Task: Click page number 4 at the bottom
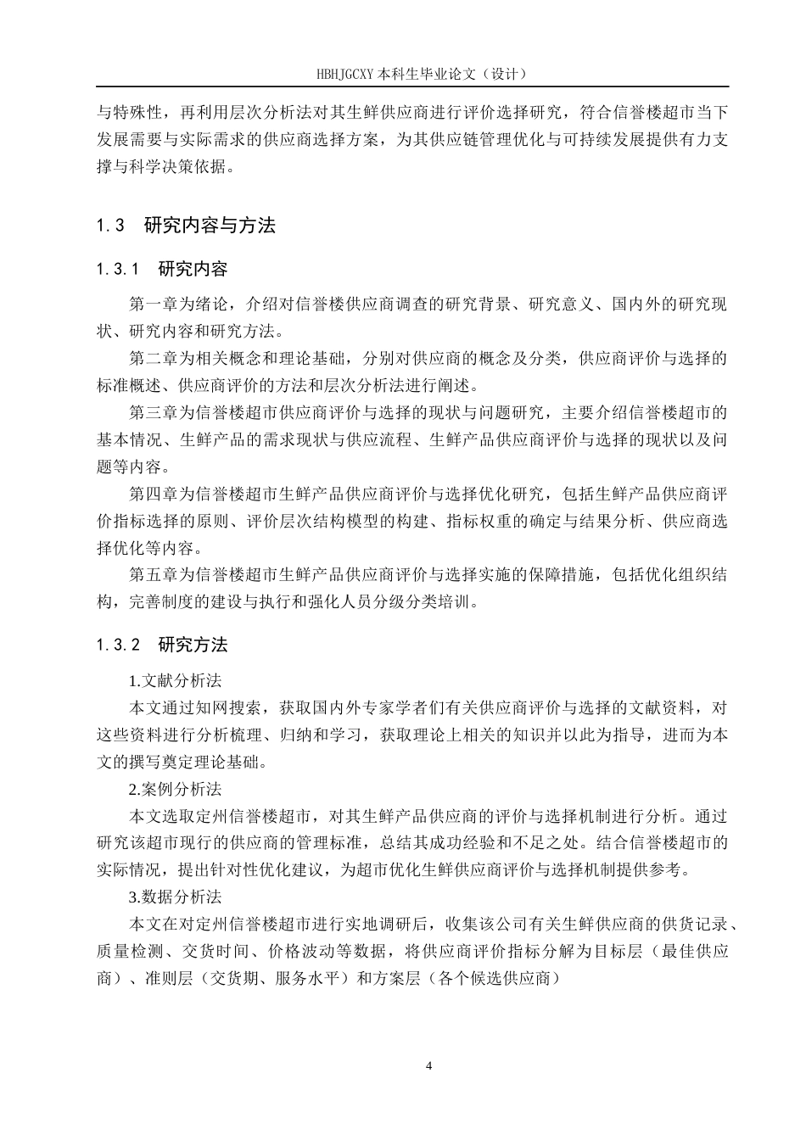tap(428, 1065)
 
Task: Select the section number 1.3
tap(110, 226)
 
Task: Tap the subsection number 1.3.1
tap(118, 270)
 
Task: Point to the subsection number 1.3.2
tap(118, 645)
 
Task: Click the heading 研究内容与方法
tap(210, 226)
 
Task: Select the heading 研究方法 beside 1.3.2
tap(193, 645)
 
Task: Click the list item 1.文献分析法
tap(175, 681)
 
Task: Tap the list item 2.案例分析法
tap(175, 790)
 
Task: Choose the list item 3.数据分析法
tap(175, 897)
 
